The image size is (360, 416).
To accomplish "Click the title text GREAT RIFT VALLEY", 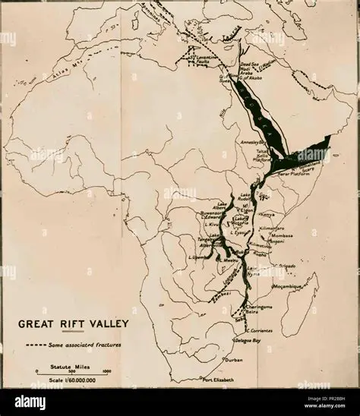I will coord(74,323).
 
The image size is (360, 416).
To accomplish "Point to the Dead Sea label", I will coord(250,65).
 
